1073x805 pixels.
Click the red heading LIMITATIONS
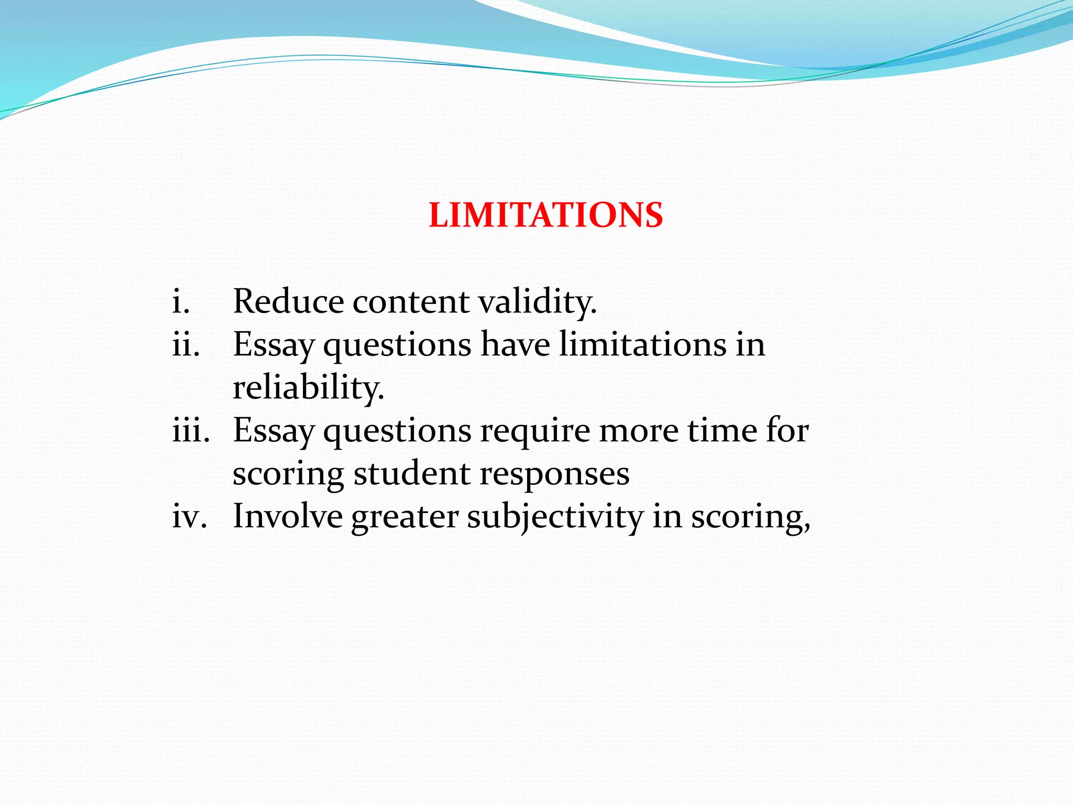546,215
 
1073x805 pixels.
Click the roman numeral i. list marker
181,302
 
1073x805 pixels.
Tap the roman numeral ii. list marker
186,345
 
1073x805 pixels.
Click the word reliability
308,388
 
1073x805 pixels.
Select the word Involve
288,517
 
